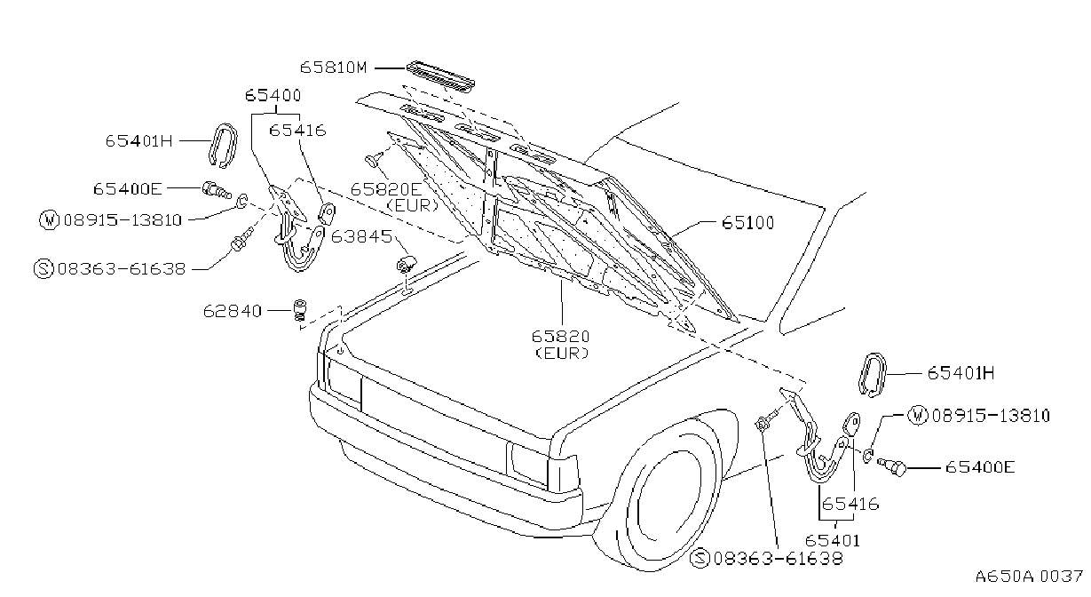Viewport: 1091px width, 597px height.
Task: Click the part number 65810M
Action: [x=333, y=68]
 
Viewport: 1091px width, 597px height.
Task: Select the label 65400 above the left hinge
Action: [x=273, y=95]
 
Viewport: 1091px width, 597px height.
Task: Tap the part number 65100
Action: [x=747, y=223]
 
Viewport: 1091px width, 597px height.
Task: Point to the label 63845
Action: [x=361, y=236]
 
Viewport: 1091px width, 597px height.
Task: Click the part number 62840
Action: [x=233, y=311]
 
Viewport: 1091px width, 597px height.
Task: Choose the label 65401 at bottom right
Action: [x=833, y=540]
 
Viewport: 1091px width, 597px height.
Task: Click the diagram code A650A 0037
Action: [x=1029, y=577]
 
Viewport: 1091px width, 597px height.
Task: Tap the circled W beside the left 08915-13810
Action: [x=49, y=219]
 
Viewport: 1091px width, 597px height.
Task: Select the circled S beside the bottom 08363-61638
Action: [x=700, y=558]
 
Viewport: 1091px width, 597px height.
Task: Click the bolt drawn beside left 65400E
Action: [x=217, y=190]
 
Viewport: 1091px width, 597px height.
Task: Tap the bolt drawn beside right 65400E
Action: [x=892, y=466]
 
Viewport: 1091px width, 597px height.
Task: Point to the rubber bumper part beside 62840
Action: [x=301, y=310]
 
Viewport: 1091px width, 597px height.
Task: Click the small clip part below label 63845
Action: [x=406, y=264]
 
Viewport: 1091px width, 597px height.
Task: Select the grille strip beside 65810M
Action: [x=441, y=76]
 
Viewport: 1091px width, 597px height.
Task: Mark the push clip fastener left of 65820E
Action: [x=373, y=159]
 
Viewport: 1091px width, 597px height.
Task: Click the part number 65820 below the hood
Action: [x=560, y=337]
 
